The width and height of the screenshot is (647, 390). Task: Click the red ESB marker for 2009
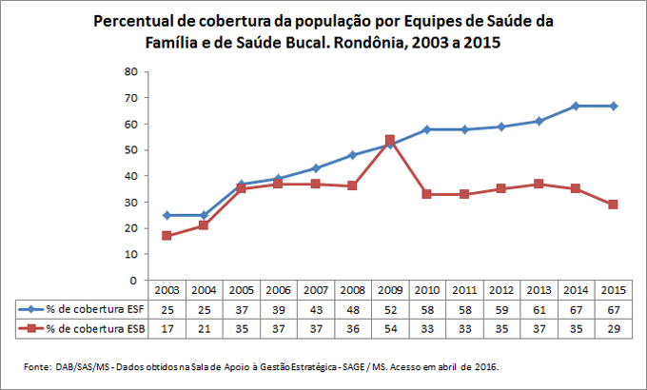point(389,140)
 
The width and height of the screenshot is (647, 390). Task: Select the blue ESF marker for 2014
point(579,106)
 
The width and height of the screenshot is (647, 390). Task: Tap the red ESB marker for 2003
point(167,236)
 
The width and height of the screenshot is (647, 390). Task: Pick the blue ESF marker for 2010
point(427,129)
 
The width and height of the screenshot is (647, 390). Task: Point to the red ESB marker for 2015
point(614,205)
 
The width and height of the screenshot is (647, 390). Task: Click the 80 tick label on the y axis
point(132,71)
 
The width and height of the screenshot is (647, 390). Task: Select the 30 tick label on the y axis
point(132,203)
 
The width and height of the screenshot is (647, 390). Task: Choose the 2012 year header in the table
point(502,290)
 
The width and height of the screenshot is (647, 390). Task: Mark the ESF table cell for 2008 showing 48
point(351,309)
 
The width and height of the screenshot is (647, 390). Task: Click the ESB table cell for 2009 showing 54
point(389,327)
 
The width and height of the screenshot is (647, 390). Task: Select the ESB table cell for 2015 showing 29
point(615,327)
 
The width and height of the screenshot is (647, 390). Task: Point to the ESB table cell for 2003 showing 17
point(167,327)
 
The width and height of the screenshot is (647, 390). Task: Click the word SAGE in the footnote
point(351,366)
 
